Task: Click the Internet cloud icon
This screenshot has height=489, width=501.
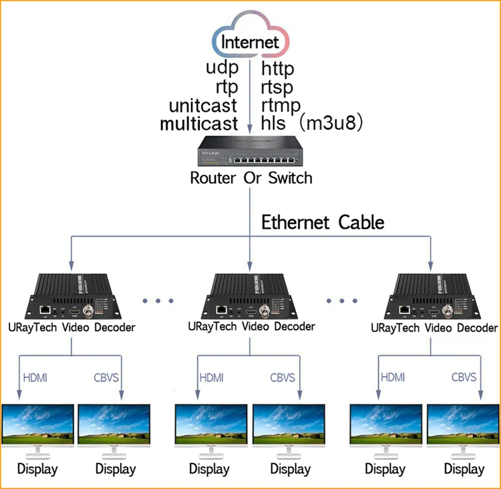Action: pyautogui.click(x=250, y=41)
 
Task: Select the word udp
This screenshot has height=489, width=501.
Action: pyautogui.click(x=222, y=68)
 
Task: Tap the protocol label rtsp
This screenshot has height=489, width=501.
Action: pyautogui.click(x=277, y=87)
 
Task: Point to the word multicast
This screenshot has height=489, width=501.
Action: pyautogui.click(x=198, y=124)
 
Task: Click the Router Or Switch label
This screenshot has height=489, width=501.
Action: pyautogui.click(x=251, y=178)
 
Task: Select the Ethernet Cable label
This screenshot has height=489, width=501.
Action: pyautogui.click(x=323, y=221)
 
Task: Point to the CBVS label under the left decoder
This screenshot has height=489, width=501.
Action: pyautogui.click(x=107, y=377)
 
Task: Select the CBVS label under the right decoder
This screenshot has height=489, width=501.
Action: pyautogui.click(x=464, y=377)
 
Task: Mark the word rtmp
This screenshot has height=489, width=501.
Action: pyautogui.click(x=281, y=106)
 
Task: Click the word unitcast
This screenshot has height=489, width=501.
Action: pyautogui.click(x=203, y=106)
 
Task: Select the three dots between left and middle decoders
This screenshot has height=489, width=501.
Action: pyautogui.click(x=158, y=300)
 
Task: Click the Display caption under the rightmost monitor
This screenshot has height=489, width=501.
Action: pyautogui.click(x=464, y=469)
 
